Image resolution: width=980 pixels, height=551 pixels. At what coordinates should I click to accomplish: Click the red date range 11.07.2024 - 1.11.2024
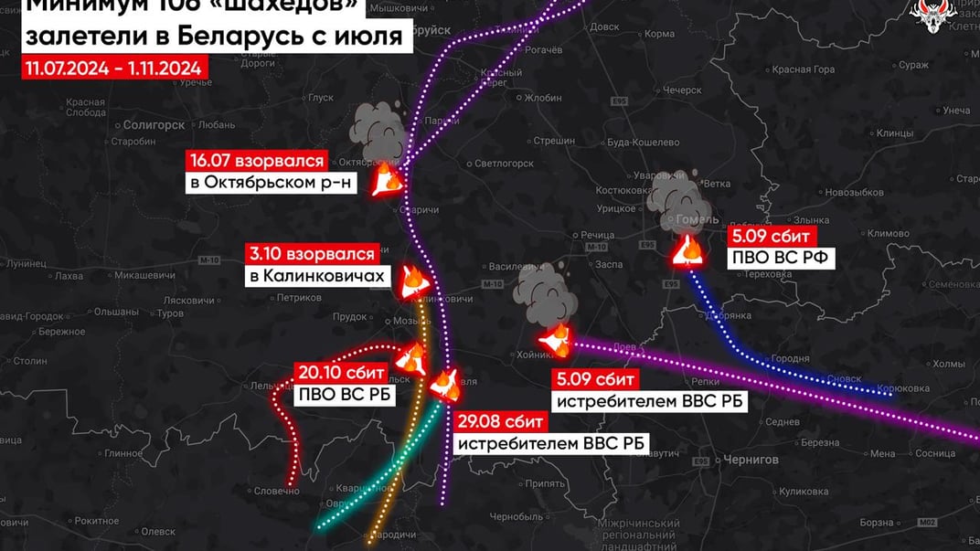(115, 69)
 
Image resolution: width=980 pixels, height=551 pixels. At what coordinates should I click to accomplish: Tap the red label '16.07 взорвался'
(257, 162)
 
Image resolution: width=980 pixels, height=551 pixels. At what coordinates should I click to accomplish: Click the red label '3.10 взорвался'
(312, 255)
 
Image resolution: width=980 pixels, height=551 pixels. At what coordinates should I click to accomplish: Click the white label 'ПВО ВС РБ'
(338, 396)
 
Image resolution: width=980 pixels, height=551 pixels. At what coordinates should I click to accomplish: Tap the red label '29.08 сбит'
(500, 422)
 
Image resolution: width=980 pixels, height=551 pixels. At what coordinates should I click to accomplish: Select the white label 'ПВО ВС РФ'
(781, 258)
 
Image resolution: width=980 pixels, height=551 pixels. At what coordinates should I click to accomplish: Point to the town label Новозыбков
(829, 192)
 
